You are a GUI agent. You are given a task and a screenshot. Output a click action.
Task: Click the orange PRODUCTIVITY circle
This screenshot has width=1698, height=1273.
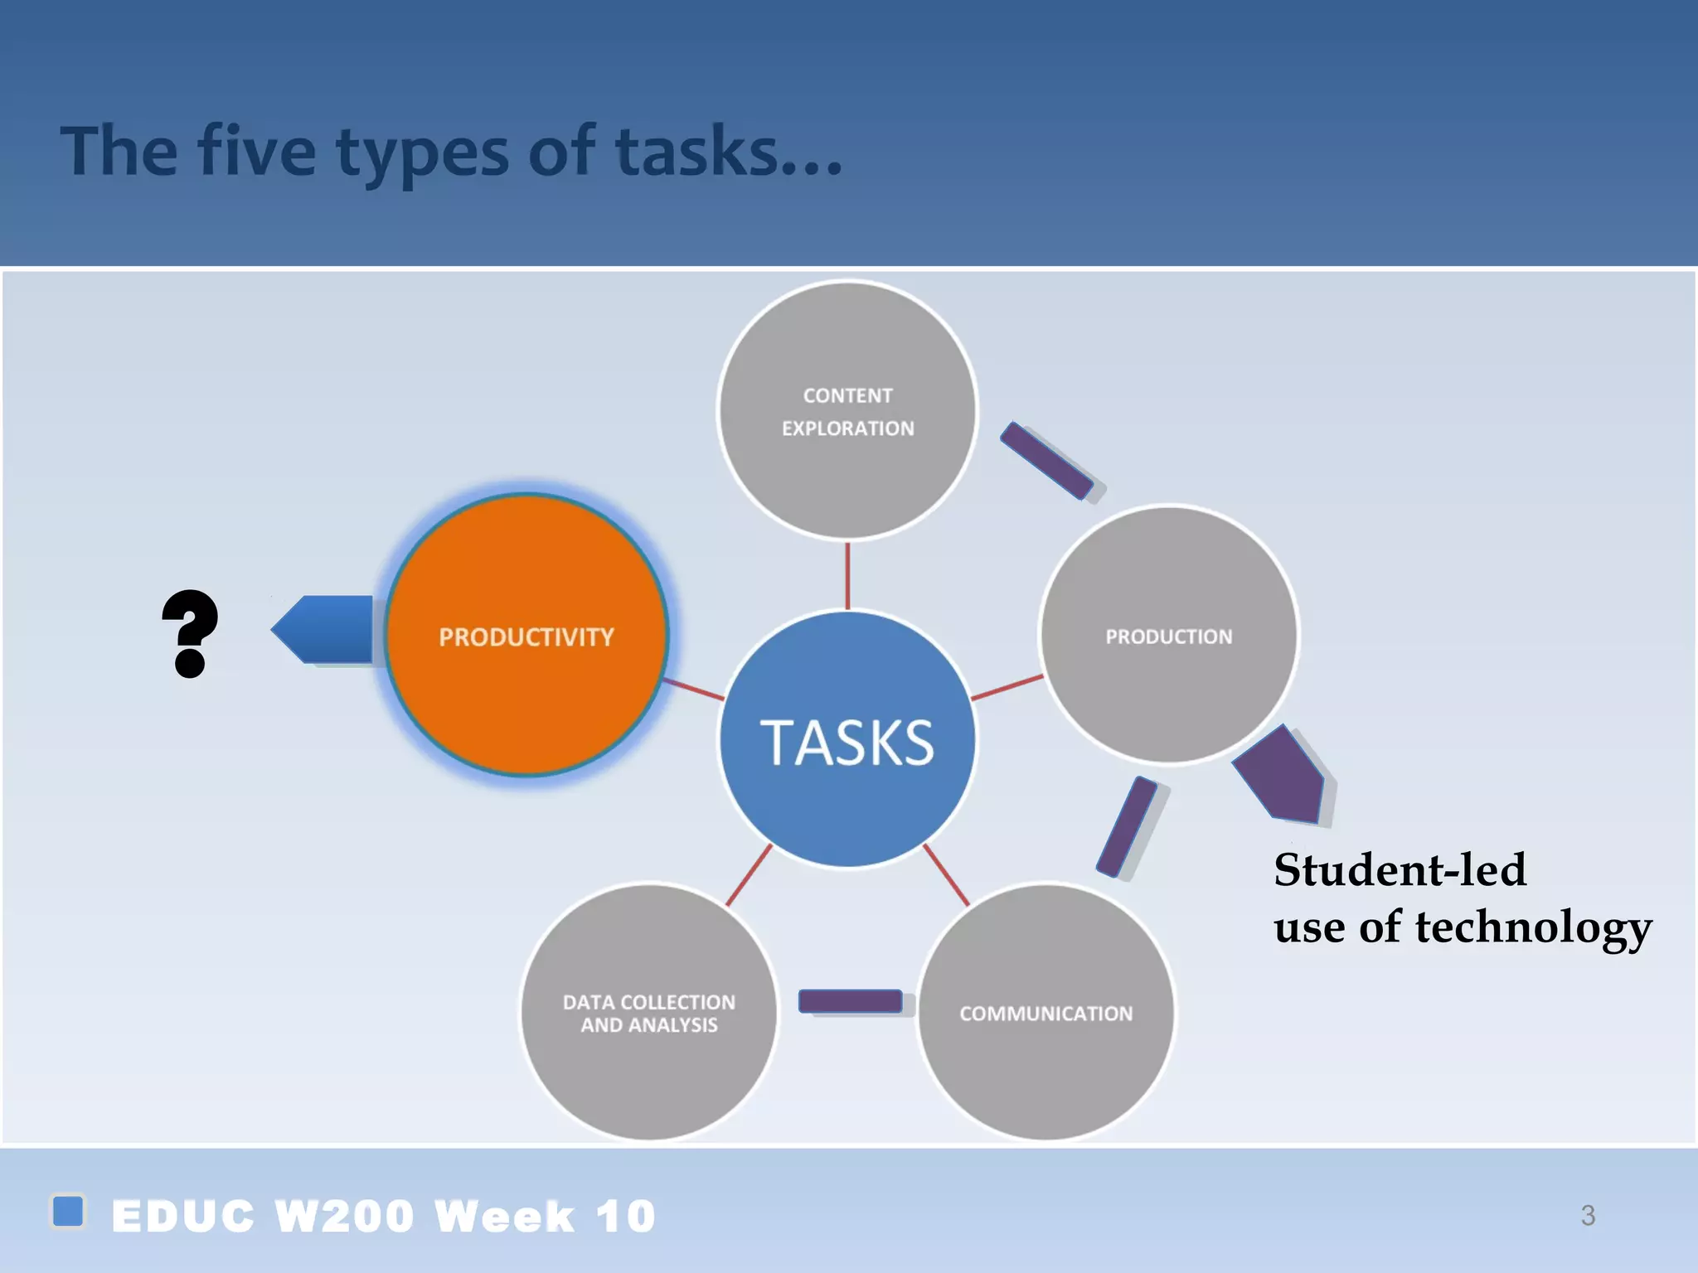pyautogui.click(x=526, y=635)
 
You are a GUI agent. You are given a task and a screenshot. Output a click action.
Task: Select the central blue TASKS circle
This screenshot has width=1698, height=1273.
pyautogui.click(x=847, y=740)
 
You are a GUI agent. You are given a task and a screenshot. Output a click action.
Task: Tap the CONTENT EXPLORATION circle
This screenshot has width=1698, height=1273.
pyautogui.click(x=847, y=411)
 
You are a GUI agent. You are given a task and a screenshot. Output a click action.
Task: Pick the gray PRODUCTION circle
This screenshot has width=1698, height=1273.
pyautogui.click(x=1169, y=635)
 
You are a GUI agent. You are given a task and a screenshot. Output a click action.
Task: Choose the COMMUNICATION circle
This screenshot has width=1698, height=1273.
pyautogui.click(x=1046, y=1013)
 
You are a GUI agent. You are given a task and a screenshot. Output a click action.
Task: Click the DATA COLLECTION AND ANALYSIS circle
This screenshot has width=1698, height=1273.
pyautogui.click(x=649, y=1013)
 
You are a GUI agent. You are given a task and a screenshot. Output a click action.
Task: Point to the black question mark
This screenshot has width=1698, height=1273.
pyautogui.click(x=191, y=633)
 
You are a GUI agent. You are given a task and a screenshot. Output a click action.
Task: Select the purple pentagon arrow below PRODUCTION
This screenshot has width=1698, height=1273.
pyautogui.click(x=1281, y=776)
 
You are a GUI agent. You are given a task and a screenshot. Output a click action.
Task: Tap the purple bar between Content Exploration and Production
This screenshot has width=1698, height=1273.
pyautogui.click(x=1047, y=461)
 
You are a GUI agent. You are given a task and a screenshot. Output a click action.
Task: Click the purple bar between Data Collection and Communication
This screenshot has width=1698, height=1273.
pyautogui.click(x=850, y=1001)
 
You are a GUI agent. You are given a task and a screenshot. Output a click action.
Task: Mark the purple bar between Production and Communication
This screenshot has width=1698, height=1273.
pyautogui.click(x=1127, y=826)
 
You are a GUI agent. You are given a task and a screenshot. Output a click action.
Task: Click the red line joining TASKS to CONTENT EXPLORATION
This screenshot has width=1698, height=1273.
pyautogui.click(x=847, y=576)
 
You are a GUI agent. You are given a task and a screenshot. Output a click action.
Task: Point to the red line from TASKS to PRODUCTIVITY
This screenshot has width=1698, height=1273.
pyautogui.click(x=694, y=689)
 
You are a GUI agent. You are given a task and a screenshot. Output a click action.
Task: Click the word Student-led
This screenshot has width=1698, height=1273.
pyautogui.click(x=1400, y=869)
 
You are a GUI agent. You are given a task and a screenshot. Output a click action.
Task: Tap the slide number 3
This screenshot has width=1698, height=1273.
pyautogui.click(x=1588, y=1215)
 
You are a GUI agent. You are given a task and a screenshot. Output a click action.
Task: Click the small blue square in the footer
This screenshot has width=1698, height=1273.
pyautogui.click(x=68, y=1211)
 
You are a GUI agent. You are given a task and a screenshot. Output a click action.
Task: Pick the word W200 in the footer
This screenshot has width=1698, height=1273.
pyautogui.click(x=344, y=1216)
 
